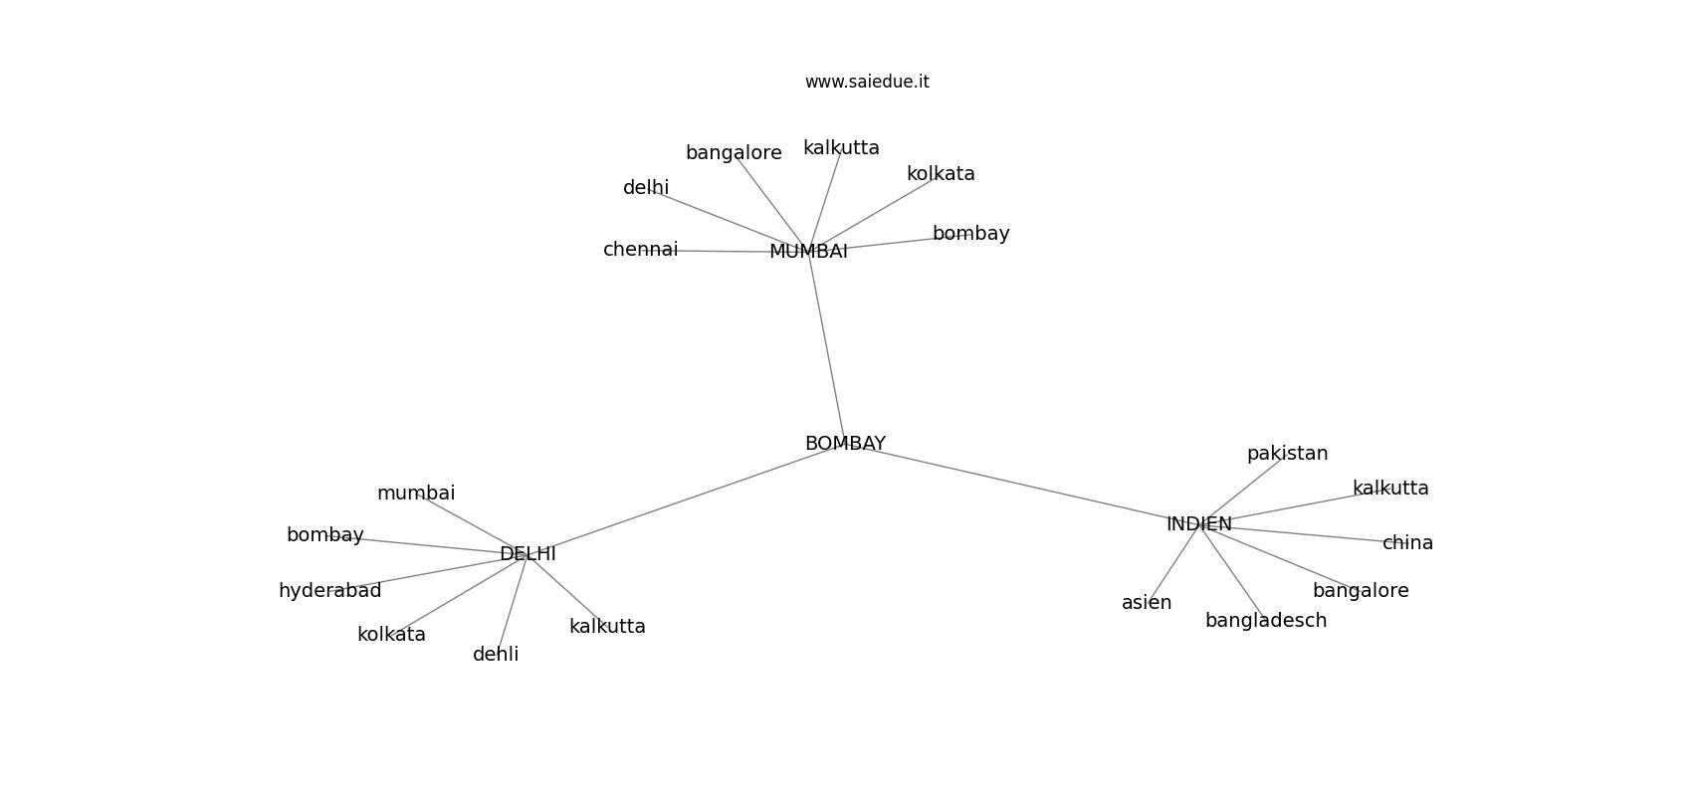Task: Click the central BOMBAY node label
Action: (x=844, y=444)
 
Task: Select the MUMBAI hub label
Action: (x=808, y=252)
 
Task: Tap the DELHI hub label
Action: (x=528, y=553)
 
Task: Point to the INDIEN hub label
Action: (x=1198, y=523)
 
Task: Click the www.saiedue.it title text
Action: (x=867, y=82)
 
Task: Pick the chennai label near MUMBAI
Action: (x=641, y=249)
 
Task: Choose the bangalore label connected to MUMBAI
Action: (x=734, y=153)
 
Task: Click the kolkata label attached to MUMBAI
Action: (x=941, y=174)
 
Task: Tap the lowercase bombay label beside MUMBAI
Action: (x=970, y=234)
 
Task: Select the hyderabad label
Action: (x=330, y=591)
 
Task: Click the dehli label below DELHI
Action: (x=496, y=654)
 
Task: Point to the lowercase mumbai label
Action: (x=416, y=494)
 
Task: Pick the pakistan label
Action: (x=1287, y=454)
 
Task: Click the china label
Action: (x=1407, y=543)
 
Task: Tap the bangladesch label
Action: (x=1266, y=621)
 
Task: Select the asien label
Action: (x=1147, y=603)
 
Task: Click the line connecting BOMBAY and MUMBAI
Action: (x=826, y=346)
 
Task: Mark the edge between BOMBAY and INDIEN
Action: (x=1022, y=484)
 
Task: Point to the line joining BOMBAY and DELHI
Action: (x=686, y=499)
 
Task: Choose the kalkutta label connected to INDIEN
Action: (x=1390, y=489)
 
